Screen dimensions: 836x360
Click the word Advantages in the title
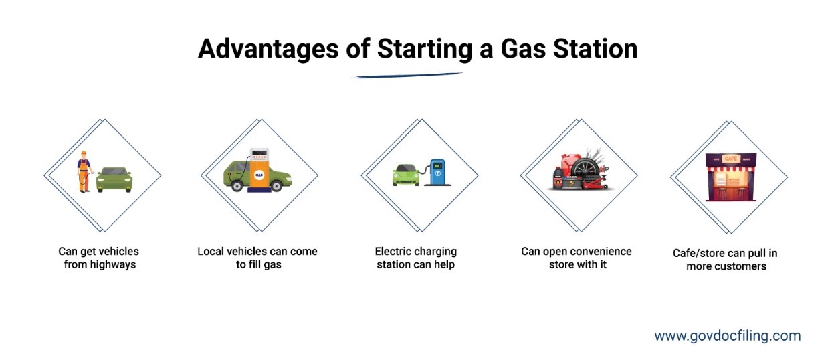coord(268,50)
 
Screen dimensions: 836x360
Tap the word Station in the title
coord(595,49)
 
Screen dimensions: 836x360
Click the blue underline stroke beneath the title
coord(407,75)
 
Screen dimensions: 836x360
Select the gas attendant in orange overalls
coord(84,172)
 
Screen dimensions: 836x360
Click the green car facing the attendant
coord(114,179)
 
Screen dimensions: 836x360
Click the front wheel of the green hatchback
coord(277,185)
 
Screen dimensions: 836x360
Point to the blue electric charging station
coord(438,172)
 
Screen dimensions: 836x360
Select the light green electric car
coord(406,175)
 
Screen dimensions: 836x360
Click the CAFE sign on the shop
coord(730,159)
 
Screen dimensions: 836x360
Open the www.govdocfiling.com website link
coord(728,335)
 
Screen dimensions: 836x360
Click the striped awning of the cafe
coord(731,169)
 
